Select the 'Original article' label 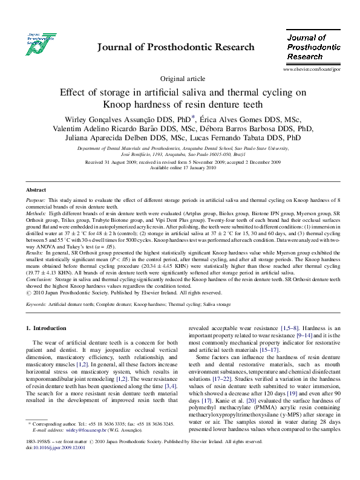(182, 79)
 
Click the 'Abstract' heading (36, 189)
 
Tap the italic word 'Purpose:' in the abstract (36, 199)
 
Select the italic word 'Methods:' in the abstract (37, 213)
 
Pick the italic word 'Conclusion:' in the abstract (40, 280)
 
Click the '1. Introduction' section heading (46, 328)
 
